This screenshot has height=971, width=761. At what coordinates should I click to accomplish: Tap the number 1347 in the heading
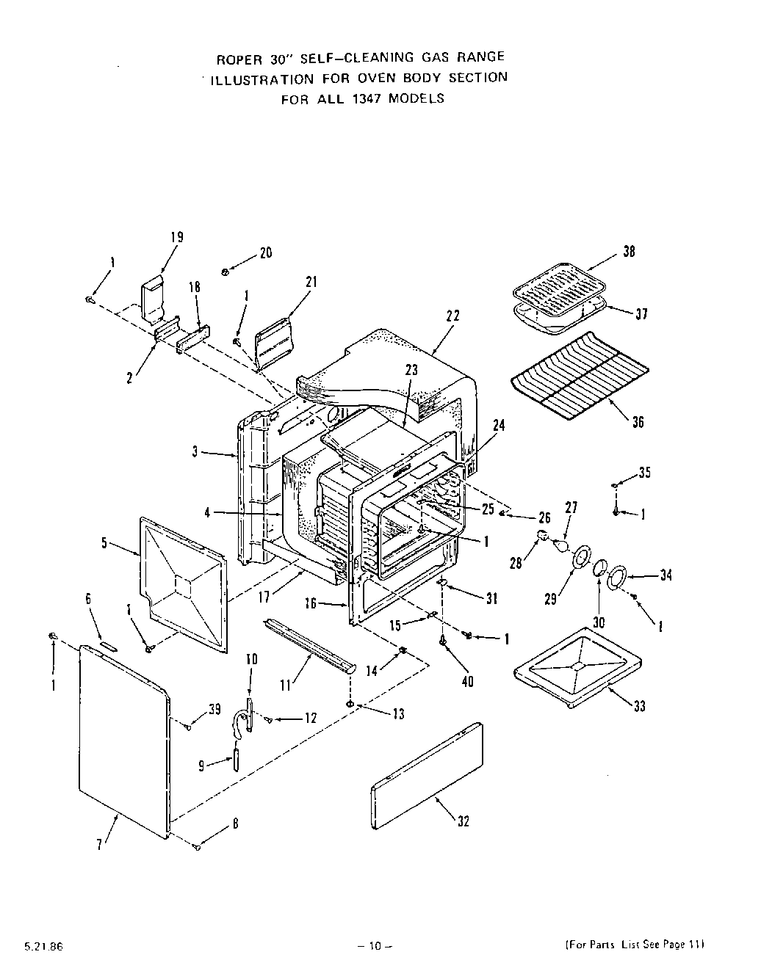point(364,98)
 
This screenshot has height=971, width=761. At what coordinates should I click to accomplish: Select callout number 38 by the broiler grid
point(629,251)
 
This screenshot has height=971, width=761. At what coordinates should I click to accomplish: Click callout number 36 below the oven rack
point(638,421)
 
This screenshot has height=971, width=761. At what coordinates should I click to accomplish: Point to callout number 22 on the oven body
point(452,316)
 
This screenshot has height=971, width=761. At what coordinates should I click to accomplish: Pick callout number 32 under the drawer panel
point(463,821)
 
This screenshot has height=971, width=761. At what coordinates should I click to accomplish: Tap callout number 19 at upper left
point(176,237)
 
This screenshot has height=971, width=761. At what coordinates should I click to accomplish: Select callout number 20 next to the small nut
point(265,252)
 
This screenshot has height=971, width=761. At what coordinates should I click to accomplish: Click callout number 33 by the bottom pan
point(641,706)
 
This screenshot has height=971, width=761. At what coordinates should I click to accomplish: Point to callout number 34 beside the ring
point(666,575)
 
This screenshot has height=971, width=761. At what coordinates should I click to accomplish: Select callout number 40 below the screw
point(467,681)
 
